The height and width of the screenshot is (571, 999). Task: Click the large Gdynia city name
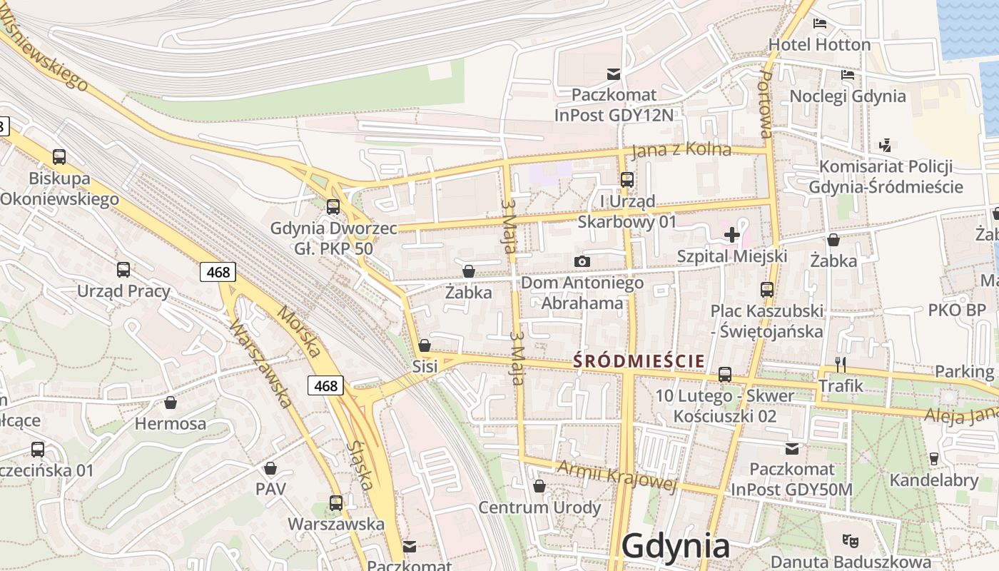(675, 546)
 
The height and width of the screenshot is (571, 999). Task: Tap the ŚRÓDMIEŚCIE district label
(639, 361)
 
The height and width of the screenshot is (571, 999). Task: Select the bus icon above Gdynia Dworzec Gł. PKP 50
(333, 207)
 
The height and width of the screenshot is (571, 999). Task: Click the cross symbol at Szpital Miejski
(731, 234)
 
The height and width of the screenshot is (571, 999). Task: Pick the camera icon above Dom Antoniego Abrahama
(582, 261)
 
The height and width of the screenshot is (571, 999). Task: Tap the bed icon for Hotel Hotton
(820, 23)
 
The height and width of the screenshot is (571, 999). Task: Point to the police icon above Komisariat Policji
(886, 145)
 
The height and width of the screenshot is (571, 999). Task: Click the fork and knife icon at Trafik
(841, 365)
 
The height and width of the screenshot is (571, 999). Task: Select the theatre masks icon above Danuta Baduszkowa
(849, 540)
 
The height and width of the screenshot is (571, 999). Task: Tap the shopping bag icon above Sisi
(425, 345)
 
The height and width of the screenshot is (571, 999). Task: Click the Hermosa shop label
(171, 423)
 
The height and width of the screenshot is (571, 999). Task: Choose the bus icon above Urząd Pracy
(123, 270)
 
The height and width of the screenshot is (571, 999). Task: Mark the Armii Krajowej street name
(617, 476)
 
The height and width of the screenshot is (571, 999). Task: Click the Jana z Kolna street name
(681, 149)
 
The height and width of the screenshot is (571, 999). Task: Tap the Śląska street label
(360, 465)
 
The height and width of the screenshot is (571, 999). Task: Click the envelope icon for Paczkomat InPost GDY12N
(613, 74)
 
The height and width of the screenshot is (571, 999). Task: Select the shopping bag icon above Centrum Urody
(539, 486)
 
